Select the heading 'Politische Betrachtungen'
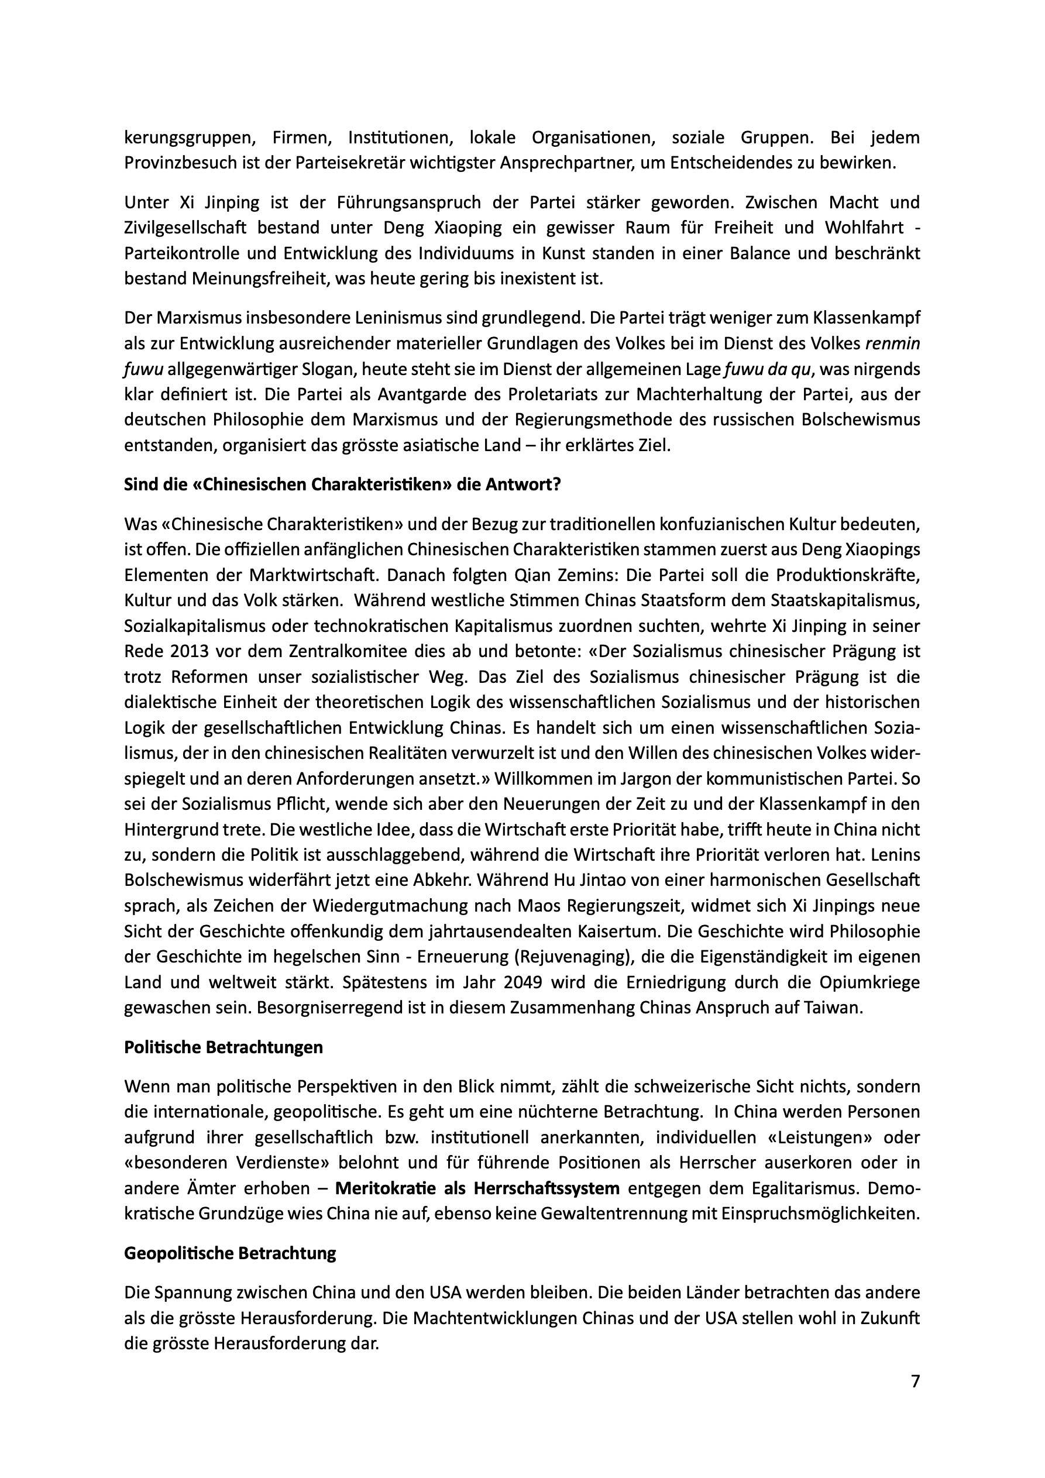coord(224,1047)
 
